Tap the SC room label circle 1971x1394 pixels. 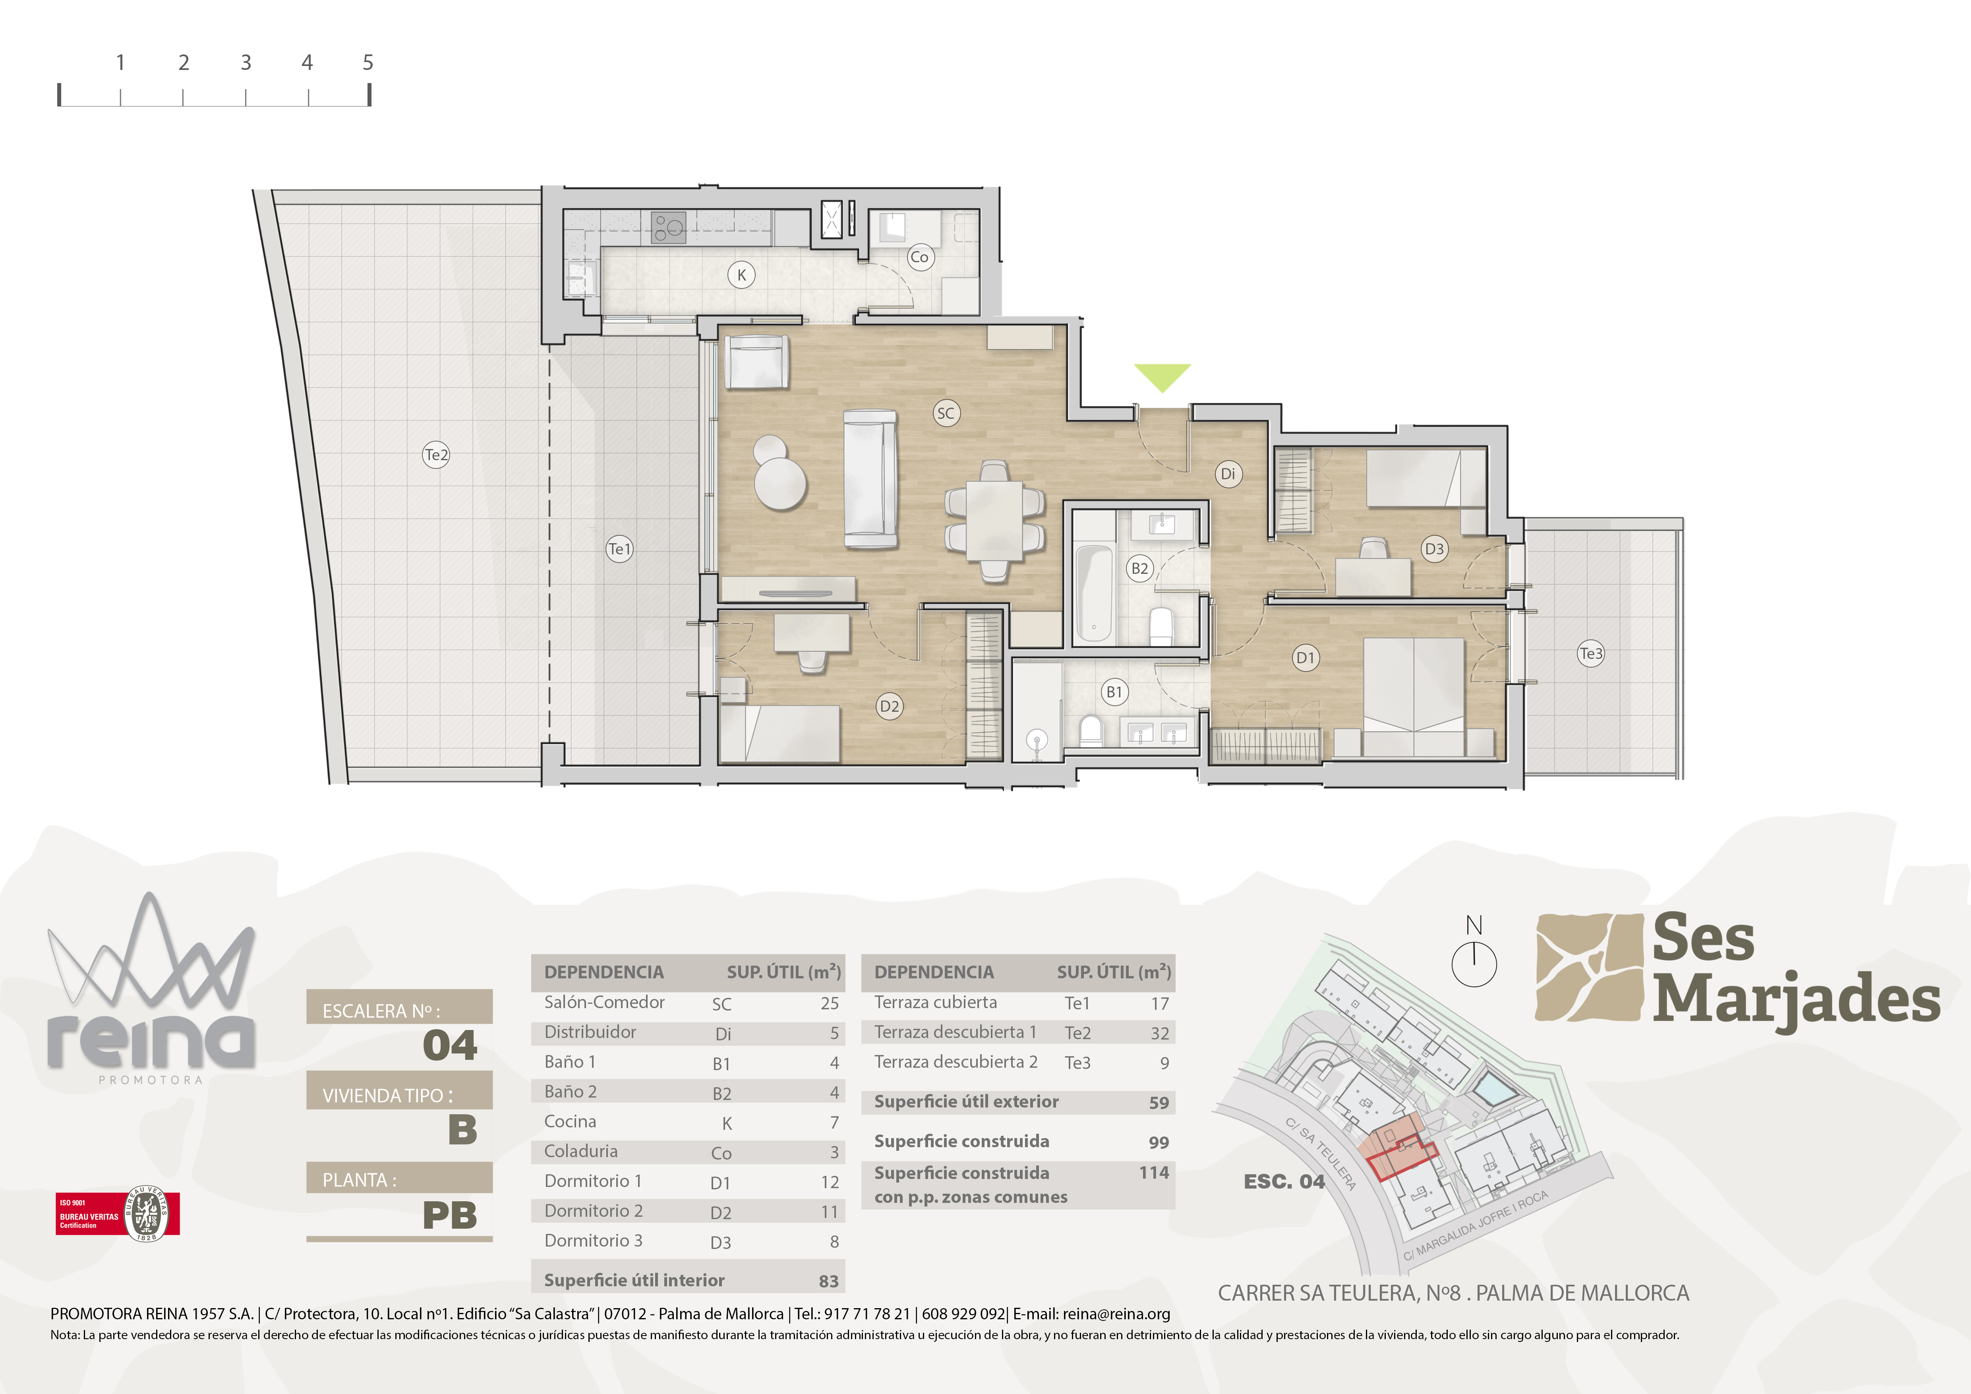point(945,413)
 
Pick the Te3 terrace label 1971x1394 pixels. point(1591,653)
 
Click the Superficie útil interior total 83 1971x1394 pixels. point(828,1281)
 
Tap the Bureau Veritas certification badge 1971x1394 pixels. point(118,1214)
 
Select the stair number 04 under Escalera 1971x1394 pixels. point(450,1045)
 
